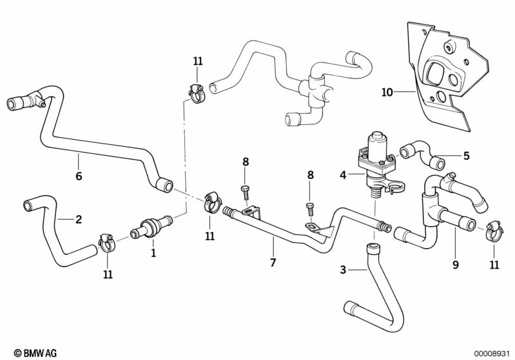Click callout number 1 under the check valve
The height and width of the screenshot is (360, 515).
[153, 253]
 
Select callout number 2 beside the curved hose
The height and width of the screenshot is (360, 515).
[79, 220]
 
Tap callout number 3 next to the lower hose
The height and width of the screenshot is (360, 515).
[343, 270]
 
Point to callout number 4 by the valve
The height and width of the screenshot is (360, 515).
[343, 174]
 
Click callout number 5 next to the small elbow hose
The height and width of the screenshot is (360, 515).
[466, 155]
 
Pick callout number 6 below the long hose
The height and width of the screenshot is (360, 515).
[79, 176]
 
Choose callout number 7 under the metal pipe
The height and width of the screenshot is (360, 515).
[273, 262]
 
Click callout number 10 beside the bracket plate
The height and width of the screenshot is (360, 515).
[387, 92]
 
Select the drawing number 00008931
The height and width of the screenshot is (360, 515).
[491, 353]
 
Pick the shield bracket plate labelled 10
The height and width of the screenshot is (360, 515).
[445, 77]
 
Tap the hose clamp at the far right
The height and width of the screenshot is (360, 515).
[494, 229]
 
